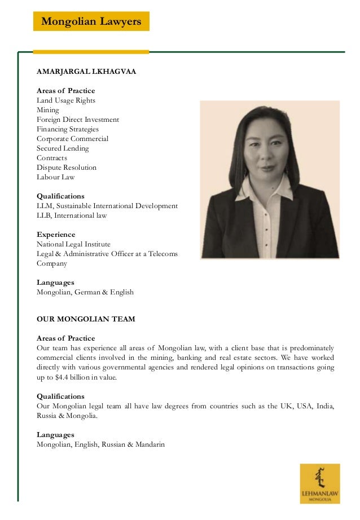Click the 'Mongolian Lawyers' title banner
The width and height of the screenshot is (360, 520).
[x=91, y=21]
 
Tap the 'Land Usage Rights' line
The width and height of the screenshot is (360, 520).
[x=66, y=100]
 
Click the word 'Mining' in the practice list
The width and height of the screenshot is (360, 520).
[x=47, y=110]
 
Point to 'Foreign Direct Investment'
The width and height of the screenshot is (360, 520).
[x=78, y=120]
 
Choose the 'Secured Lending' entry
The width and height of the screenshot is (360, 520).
[x=63, y=148]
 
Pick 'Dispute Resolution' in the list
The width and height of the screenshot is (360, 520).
[x=67, y=168]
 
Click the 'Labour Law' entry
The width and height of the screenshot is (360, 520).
[x=55, y=177]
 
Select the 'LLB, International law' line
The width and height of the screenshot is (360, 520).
[x=72, y=215]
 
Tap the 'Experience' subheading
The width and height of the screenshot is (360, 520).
[x=56, y=235]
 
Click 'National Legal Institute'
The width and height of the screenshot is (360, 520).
[x=73, y=244]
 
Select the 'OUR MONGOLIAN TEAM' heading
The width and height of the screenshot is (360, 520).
[x=86, y=319]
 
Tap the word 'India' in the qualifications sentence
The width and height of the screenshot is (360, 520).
[x=324, y=407]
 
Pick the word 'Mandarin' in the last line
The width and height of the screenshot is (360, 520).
[x=151, y=444]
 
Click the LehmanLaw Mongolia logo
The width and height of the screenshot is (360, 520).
[x=319, y=483]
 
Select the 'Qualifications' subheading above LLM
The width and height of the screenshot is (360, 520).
[x=60, y=196]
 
